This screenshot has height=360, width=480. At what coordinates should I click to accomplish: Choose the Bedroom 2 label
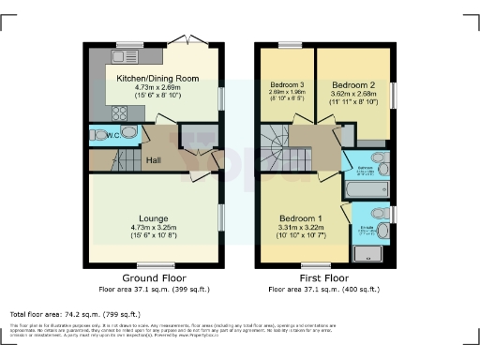point(353,84)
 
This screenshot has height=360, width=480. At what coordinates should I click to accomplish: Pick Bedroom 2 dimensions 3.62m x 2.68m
point(353,94)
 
